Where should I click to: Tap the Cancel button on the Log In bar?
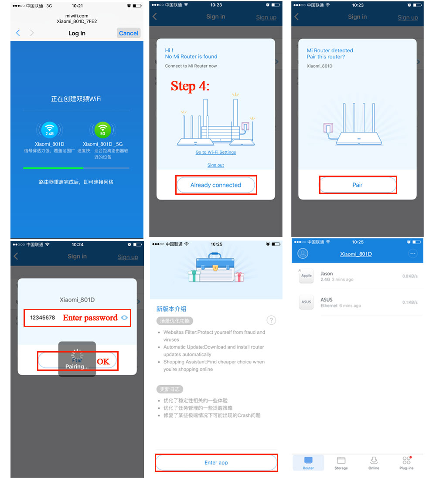click(x=129, y=33)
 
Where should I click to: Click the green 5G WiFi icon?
click(x=103, y=130)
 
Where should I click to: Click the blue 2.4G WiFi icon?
click(x=49, y=130)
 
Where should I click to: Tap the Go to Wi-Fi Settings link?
click(x=215, y=153)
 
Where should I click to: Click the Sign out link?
click(x=215, y=165)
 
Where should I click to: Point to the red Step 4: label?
click(x=190, y=86)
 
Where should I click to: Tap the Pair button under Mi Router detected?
click(x=358, y=185)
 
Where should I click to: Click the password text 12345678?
click(x=43, y=318)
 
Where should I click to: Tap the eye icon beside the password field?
click(x=125, y=318)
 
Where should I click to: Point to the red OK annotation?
click(x=103, y=361)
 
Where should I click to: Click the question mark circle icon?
click(x=271, y=321)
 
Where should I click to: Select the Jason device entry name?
click(x=327, y=274)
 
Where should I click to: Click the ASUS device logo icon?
click(x=307, y=302)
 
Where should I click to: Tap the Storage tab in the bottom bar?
click(x=341, y=463)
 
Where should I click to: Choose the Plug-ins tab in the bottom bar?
click(x=406, y=463)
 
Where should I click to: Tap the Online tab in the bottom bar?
click(x=374, y=463)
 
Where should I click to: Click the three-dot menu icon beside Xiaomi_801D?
click(x=412, y=254)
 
